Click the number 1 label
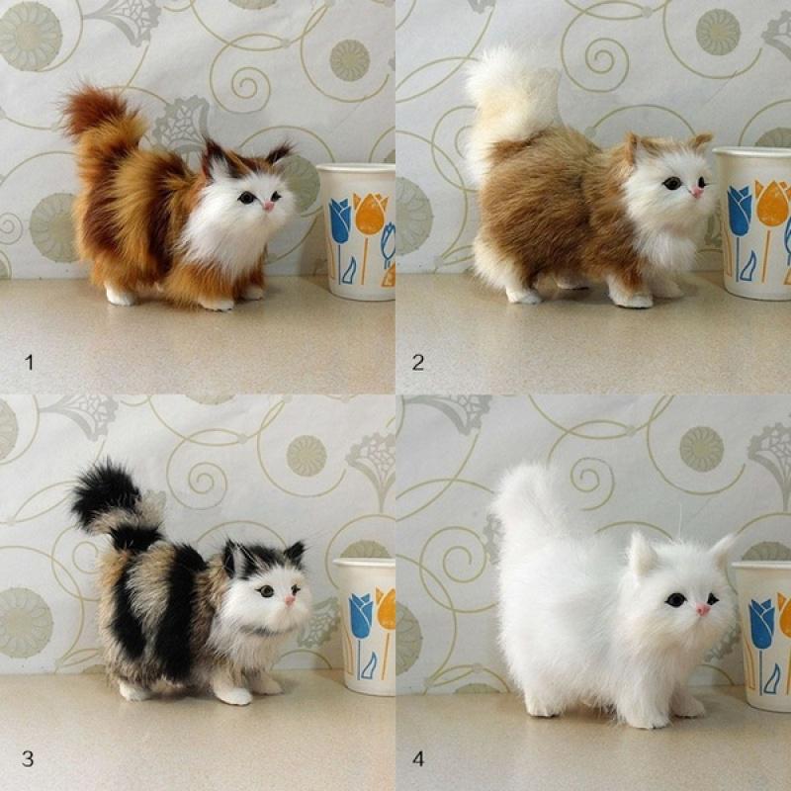click(29, 363)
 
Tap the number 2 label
click(418, 363)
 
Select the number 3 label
click(28, 758)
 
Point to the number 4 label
click(418, 758)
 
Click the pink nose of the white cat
click(703, 609)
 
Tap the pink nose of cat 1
click(269, 206)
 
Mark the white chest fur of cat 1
click(225, 237)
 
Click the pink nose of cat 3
click(291, 599)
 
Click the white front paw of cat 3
click(233, 694)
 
